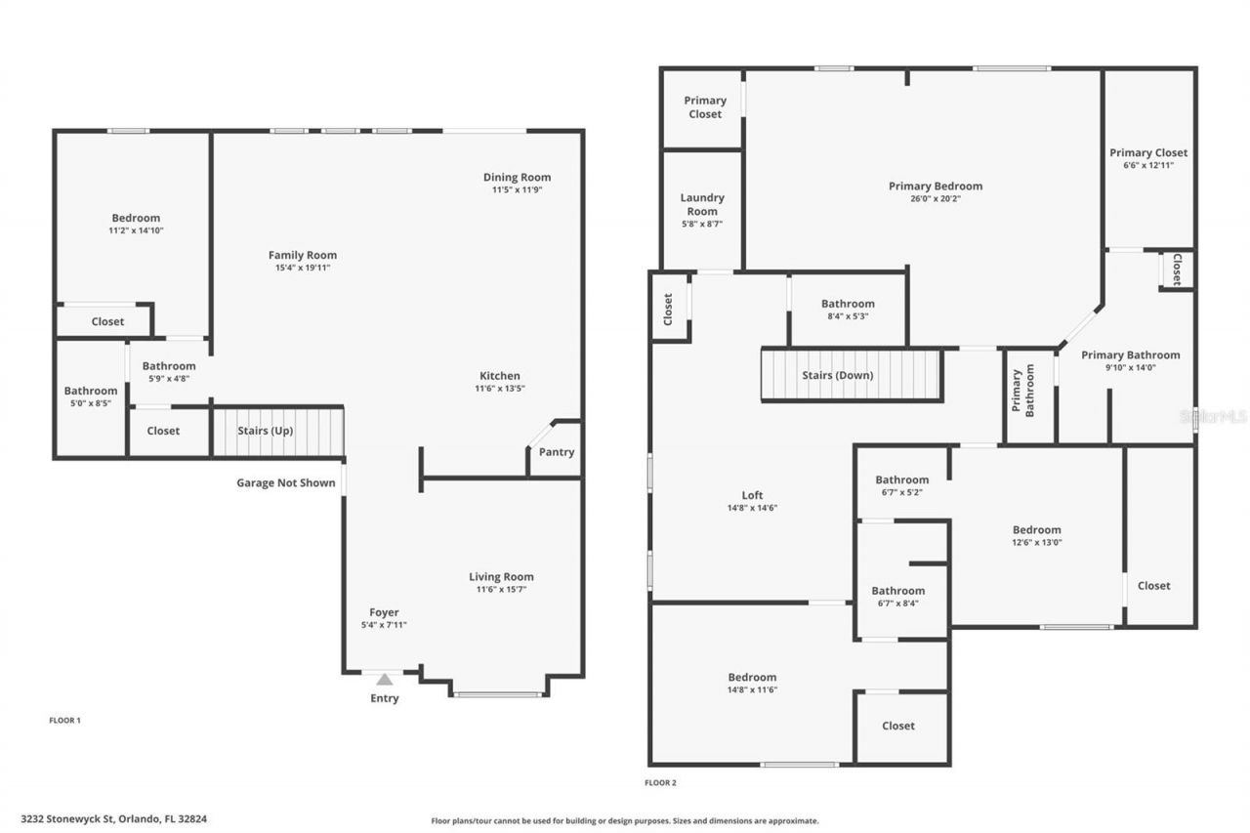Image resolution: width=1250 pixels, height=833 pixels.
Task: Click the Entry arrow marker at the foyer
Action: pos(385,679)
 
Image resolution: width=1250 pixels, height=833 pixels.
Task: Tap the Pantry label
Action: pos(557,452)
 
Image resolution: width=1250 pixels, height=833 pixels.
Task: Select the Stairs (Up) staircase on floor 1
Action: pos(278,432)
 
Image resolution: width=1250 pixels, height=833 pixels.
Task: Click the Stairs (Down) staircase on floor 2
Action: pos(851,375)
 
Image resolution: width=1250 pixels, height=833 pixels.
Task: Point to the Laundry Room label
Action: pos(702,204)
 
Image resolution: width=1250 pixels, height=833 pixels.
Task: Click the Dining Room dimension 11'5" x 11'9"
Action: pos(517,190)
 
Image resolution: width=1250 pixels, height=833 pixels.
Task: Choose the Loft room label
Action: pos(752,495)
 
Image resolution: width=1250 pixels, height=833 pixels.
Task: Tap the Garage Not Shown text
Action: pos(285,482)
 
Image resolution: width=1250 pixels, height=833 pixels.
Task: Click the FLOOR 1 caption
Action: pos(64,721)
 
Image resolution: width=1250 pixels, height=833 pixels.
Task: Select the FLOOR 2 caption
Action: pos(660,782)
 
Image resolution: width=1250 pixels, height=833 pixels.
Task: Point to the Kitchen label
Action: pos(499,376)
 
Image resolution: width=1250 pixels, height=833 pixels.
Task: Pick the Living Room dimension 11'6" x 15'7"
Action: pos(501,590)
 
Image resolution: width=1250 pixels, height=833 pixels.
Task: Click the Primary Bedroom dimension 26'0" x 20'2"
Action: pos(936,198)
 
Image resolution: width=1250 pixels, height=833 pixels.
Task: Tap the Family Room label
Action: pos(303,255)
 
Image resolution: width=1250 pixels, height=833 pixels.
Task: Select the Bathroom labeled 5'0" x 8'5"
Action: pos(91,391)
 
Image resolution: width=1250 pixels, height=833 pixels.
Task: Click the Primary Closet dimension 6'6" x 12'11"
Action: pos(1148,165)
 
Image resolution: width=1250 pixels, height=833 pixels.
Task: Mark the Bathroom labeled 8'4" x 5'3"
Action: pos(848,304)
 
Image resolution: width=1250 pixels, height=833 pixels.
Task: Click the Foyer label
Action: pos(384,612)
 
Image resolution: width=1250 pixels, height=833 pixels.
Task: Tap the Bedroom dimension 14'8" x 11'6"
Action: pos(752,689)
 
